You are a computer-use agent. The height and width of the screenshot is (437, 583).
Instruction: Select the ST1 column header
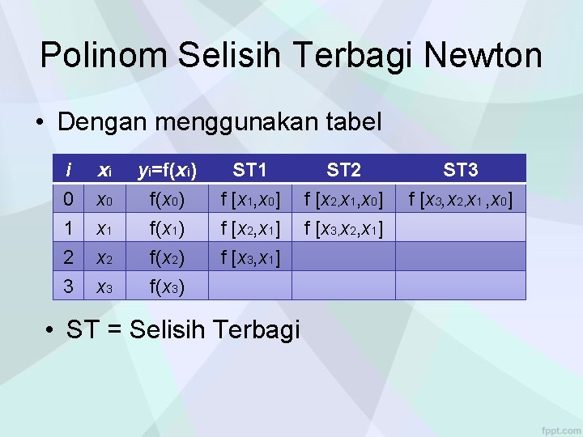pos(250,170)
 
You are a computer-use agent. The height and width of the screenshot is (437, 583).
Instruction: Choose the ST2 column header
pos(344,170)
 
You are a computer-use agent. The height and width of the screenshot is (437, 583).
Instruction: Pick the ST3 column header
pos(461,170)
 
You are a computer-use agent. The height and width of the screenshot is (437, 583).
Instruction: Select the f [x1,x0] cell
pos(250,199)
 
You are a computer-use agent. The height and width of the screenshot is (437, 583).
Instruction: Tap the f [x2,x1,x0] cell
pos(344,199)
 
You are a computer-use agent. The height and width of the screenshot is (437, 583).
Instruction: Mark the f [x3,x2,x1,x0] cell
pos(461,199)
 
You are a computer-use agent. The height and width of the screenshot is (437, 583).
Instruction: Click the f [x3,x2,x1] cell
pos(344,228)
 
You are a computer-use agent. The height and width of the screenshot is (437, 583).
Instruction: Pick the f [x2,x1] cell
pos(250,228)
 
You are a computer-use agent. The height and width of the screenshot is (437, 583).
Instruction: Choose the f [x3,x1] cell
pos(250,257)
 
